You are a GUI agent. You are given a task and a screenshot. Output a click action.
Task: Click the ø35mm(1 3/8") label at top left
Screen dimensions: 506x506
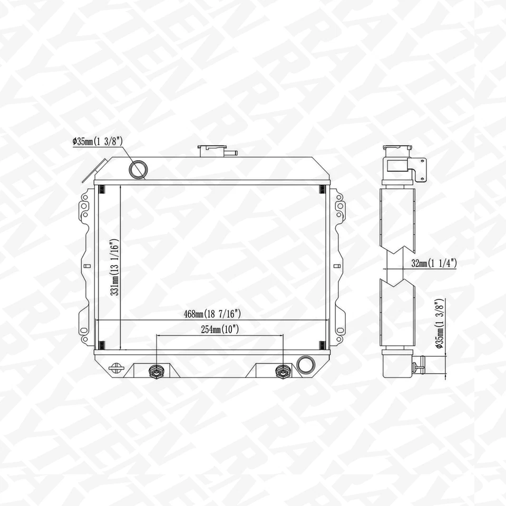(x=98, y=141)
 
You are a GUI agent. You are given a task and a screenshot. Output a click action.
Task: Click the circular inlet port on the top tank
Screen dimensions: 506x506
(x=139, y=169)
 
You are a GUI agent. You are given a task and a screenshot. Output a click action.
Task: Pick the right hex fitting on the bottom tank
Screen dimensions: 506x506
(x=284, y=372)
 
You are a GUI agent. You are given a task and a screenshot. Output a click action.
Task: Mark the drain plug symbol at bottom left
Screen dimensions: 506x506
(x=115, y=367)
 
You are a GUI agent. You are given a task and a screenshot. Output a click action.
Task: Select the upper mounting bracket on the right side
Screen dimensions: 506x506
(x=338, y=207)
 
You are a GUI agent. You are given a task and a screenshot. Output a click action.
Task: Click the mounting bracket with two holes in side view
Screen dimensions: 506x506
(x=420, y=170)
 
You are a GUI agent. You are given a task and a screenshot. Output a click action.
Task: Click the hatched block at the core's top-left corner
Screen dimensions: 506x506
(x=102, y=190)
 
